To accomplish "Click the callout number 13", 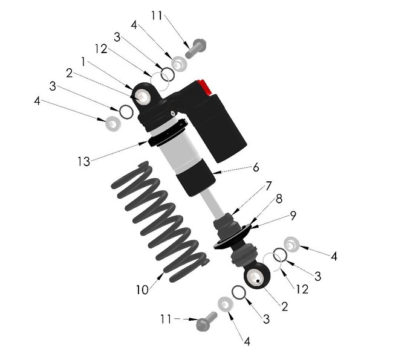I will pyautogui.click(x=84, y=161).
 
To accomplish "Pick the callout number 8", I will pyautogui.click(x=279, y=198).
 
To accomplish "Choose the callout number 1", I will pyautogui.click(x=84, y=62).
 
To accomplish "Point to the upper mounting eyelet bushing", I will pyautogui.click(x=143, y=96).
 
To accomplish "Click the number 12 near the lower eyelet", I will pyautogui.click(x=302, y=289).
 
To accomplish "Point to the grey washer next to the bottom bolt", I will pyautogui.click(x=226, y=304).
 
